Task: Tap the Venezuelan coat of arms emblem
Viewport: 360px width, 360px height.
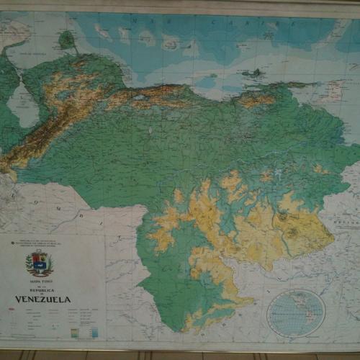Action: point(39,264)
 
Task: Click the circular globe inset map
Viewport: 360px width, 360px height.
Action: point(296,312)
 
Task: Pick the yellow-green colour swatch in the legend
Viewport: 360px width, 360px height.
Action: point(74,331)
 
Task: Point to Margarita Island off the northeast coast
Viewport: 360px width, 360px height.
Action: point(253,73)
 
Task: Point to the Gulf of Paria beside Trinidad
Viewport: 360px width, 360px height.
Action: point(317,94)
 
